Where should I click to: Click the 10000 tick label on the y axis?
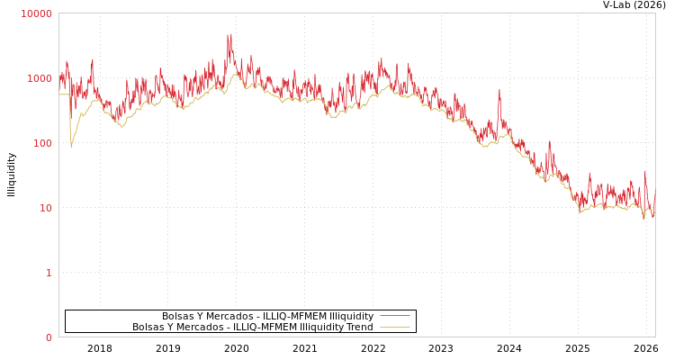[x=37, y=13]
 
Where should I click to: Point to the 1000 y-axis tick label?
[x=39, y=78]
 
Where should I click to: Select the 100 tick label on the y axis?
[x=41, y=143]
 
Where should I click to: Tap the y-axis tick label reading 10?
[x=44, y=208]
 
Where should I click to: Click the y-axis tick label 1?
[x=49, y=273]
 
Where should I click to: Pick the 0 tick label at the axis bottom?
[x=49, y=337]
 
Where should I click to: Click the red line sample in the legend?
[x=394, y=316]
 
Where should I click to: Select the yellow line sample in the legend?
[x=394, y=327]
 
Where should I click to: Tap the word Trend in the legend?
[x=358, y=327]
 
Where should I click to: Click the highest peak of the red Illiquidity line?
[x=229, y=35]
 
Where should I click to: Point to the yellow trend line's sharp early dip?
[x=71, y=147]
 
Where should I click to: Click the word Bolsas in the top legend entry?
[x=177, y=316]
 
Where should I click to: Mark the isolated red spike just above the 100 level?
[x=499, y=90]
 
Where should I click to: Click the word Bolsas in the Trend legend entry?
[x=148, y=327]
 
